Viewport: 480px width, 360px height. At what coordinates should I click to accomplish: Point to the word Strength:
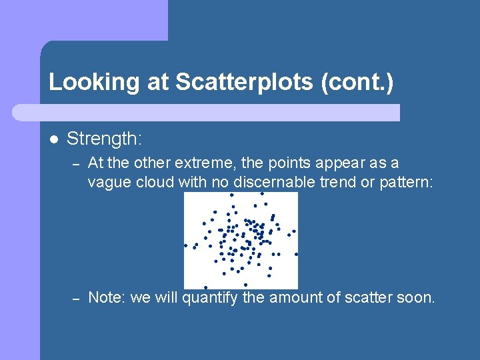pyautogui.click(x=105, y=139)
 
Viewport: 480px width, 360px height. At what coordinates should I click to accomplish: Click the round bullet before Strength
pyautogui.click(x=53, y=139)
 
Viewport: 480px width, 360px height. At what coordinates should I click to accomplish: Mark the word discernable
pyautogui.click(x=263, y=183)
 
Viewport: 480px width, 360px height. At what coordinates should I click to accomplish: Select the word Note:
pyautogui.click(x=107, y=297)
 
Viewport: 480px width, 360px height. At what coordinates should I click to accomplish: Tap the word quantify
pyautogui.click(x=209, y=298)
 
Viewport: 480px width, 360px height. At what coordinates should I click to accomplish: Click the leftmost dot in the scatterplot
pyautogui.click(x=186, y=245)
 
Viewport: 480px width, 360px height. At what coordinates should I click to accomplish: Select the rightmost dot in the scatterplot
pyautogui.click(x=296, y=254)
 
